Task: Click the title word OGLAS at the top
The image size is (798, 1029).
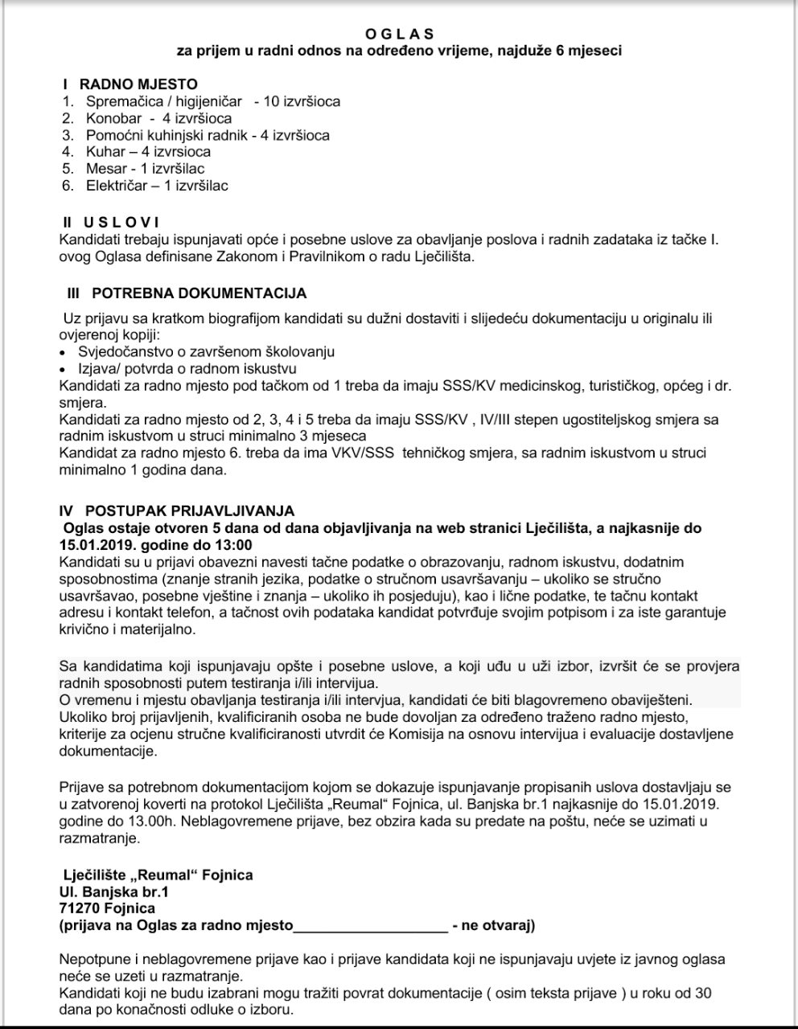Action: tap(399, 34)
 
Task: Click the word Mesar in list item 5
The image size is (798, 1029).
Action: tap(106, 169)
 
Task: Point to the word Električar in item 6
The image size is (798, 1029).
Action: tap(117, 186)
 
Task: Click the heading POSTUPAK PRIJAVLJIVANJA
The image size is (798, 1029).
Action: tap(189, 510)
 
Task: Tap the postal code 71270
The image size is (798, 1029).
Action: tap(82, 908)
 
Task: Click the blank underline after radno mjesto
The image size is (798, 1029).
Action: tap(370, 925)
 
